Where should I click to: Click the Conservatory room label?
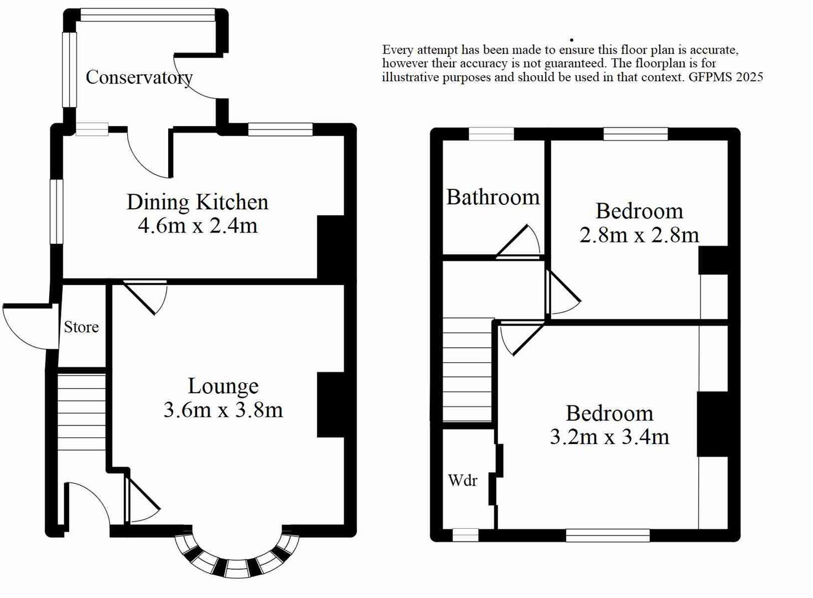(139, 77)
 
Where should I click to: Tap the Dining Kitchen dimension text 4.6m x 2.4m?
(198, 226)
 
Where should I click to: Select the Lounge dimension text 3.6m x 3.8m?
(223, 410)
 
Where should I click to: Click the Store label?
(81, 327)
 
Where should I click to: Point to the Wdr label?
(462, 480)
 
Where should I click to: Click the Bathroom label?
(493, 197)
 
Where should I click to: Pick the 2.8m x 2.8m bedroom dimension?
(639, 235)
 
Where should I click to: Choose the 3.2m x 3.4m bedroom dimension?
(609, 437)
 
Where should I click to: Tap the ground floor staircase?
(81, 411)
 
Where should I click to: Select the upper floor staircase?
(467, 369)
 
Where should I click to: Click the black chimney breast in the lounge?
(330, 405)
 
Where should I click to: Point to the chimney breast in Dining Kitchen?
(330, 247)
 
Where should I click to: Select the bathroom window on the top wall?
(491, 134)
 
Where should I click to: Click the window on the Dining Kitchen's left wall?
(56, 212)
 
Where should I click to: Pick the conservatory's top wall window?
(147, 15)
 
